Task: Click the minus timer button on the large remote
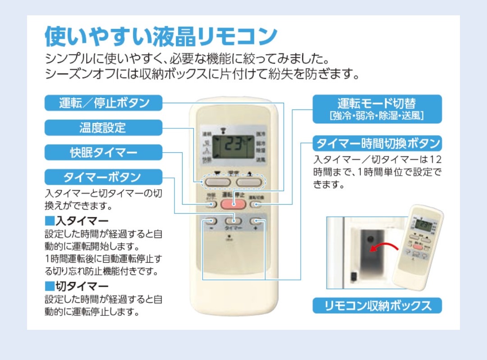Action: click(210, 222)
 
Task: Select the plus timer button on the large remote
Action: click(257, 222)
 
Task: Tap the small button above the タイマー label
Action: click(234, 221)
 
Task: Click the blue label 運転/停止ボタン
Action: click(103, 103)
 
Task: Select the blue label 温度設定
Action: click(103, 128)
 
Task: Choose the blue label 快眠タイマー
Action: click(103, 152)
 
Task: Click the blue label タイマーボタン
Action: click(103, 177)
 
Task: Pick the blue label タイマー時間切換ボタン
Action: click(377, 144)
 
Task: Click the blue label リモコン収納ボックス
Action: click(377, 306)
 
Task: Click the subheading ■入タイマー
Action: click(77, 221)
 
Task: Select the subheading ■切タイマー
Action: click(77, 286)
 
